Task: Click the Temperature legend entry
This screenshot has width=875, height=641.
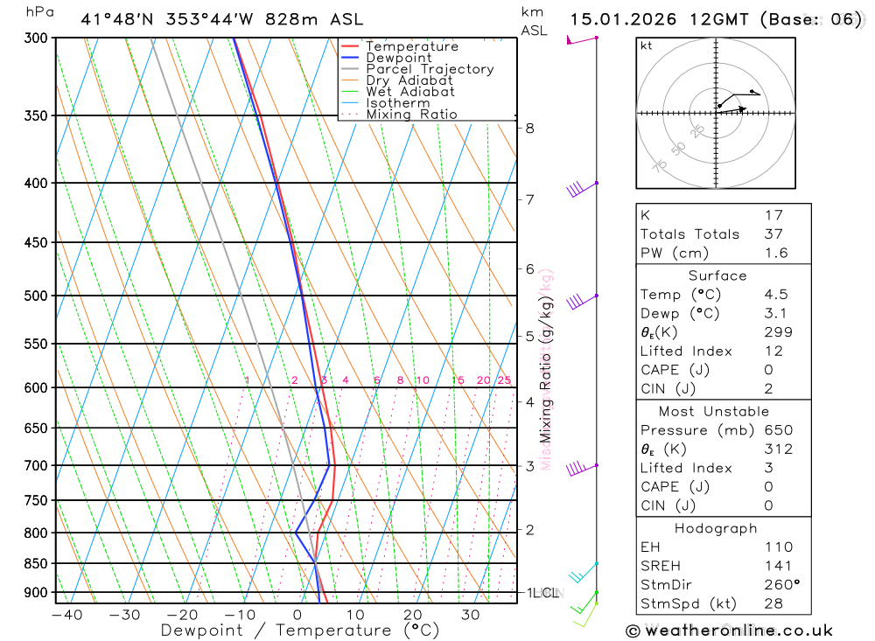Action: (411, 46)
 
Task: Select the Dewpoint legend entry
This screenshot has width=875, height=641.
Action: (398, 58)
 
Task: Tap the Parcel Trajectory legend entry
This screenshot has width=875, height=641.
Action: (430, 69)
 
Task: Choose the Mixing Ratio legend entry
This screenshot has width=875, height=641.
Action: (411, 115)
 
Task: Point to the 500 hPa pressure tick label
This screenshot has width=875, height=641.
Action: (36, 296)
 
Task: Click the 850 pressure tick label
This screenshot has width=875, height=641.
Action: (36, 563)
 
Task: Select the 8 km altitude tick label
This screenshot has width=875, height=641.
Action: (530, 128)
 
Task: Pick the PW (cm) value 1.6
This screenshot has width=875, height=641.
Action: (775, 253)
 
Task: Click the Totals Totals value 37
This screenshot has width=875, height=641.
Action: (773, 233)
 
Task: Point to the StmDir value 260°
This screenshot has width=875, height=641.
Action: (780, 585)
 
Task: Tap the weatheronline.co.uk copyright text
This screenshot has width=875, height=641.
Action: (729, 631)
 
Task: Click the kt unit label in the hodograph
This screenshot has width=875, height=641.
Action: (646, 45)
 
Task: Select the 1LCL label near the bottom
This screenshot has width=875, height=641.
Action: (542, 593)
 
